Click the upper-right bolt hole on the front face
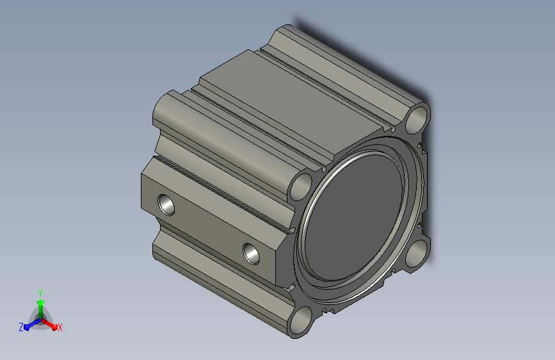click(x=416, y=119)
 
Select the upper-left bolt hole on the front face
click(x=301, y=186)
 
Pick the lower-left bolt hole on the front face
click(x=302, y=321)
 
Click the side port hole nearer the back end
click(x=166, y=204)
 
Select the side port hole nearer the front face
click(x=251, y=254)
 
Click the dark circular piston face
click(x=353, y=217)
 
